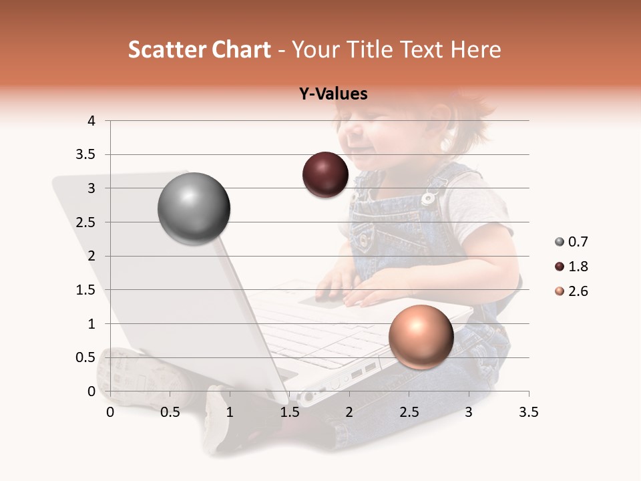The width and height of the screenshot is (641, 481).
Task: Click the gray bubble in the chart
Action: (194, 208)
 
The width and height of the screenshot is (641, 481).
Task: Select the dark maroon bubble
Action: (325, 175)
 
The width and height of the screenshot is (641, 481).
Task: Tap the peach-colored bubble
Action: (421, 337)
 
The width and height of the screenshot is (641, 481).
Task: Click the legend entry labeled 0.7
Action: (572, 242)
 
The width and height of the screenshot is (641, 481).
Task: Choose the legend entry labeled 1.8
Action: (572, 267)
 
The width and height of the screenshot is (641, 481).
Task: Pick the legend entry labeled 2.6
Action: (572, 291)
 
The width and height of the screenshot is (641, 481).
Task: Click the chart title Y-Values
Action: (333, 94)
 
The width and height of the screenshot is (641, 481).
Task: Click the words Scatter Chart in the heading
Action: (199, 49)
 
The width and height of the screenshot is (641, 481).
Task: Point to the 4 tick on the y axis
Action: (91, 121)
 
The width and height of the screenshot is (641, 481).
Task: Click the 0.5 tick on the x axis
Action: (170, 412)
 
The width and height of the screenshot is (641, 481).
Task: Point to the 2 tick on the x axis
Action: (349, 412)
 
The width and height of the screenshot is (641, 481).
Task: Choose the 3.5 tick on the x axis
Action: (528, 412)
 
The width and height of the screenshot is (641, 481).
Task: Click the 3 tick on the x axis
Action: (469, 412)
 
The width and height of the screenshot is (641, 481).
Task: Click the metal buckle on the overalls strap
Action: (428, 198)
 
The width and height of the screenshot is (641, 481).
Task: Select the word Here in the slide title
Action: (475, 49)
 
